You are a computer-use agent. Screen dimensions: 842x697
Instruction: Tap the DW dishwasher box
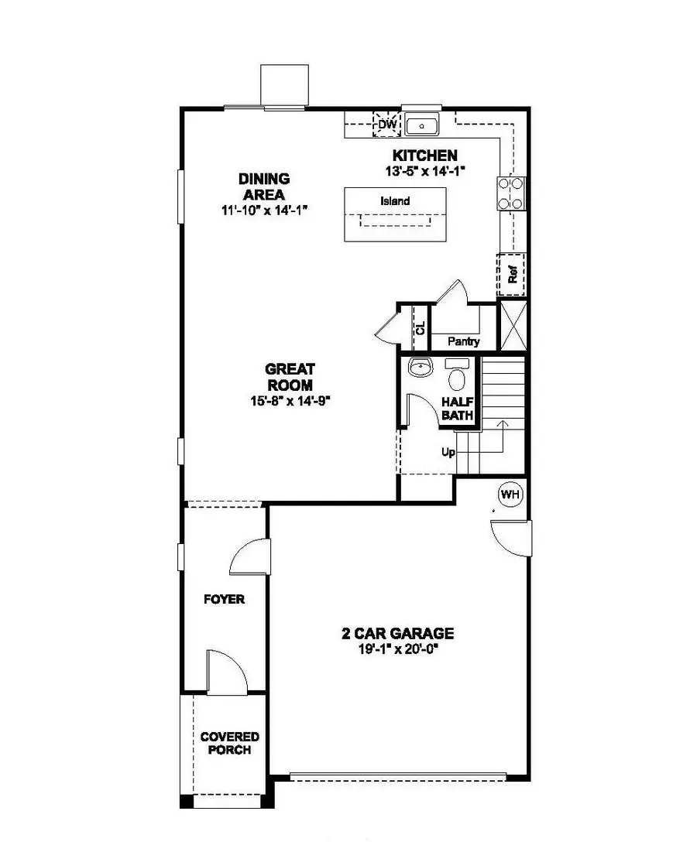pos(386,124)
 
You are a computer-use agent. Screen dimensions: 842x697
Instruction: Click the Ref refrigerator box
pos(511,274)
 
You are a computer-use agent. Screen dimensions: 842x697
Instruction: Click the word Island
pos(395,201)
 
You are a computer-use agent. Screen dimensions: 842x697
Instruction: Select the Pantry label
pos(463,341)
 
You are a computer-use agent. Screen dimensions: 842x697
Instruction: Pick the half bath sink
pos(421,368)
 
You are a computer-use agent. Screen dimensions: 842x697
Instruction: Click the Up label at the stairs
pos(448,453)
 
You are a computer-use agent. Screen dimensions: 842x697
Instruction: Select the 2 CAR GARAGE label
pos(398,634)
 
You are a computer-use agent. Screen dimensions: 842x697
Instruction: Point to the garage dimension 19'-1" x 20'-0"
pos(398,649)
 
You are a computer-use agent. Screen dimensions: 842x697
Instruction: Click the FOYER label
pos(224,599)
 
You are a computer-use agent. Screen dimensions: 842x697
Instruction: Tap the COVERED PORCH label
pos(230,744)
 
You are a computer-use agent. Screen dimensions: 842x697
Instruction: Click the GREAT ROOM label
pos(290,377)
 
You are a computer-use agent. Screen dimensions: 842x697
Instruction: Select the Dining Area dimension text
pos(262,210)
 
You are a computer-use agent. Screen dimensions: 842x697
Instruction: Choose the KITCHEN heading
pos(424,156)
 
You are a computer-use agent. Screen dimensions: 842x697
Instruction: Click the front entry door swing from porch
pos(225,670)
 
